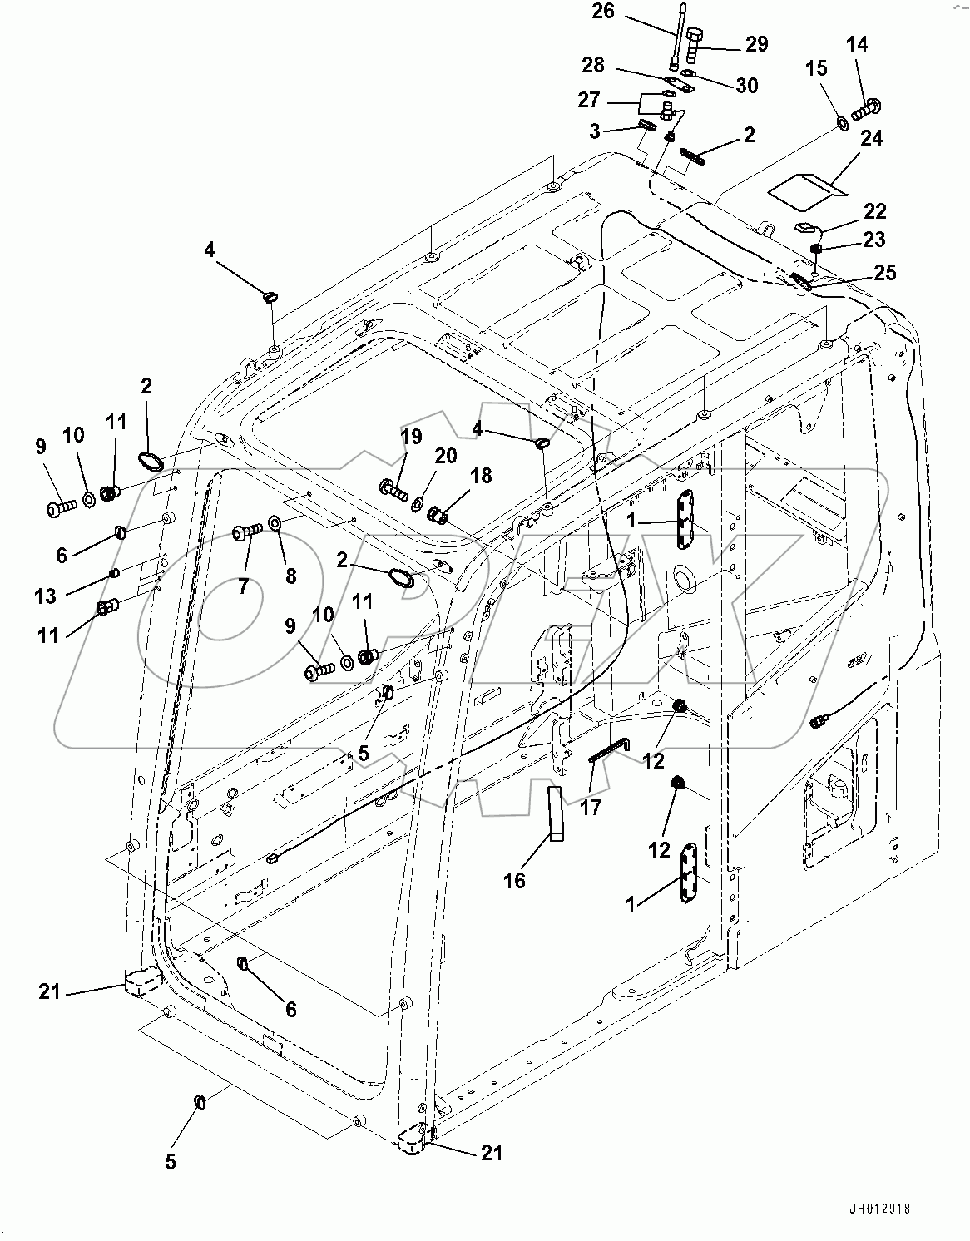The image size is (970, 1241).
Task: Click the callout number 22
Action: point(874,211)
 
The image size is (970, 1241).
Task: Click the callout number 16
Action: point(515,879)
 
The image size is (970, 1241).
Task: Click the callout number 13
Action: point(45,596)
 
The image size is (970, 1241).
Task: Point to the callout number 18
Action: point(481,475)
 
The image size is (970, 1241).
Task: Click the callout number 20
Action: point(446,455)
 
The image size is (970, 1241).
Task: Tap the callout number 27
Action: point(589,100)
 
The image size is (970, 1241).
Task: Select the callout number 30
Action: point(746,85)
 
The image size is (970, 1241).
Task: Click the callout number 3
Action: point(596,131)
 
